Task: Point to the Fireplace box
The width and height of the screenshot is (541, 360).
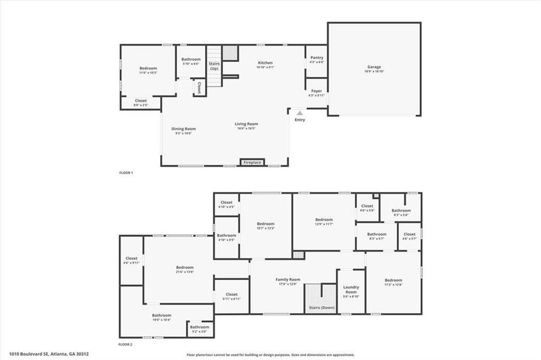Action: [x=251, y=162]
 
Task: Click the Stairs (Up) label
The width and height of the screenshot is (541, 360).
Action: [x=214, y=65]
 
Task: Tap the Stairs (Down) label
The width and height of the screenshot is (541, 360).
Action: [x=321, y=307]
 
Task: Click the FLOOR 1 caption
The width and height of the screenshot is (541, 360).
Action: [x=126, y=173]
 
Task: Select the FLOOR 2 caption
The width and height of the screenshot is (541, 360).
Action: [x=125, y=344]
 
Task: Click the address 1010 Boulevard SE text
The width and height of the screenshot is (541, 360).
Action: [x=45, y=354]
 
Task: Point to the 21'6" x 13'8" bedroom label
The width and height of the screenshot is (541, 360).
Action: [x=185, y=269]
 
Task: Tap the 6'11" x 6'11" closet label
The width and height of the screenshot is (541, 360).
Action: [x=232, y=296]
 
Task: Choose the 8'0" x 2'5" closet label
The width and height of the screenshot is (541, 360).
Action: [x=140, y=103]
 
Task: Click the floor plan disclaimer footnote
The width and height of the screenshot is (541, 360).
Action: [x=270, y=355]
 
